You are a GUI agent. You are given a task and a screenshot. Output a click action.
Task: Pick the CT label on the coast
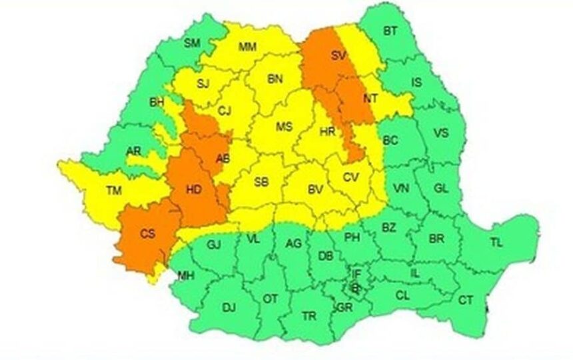click(x=465, y=301)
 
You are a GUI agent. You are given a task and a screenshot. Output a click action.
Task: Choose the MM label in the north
click(x=247, y=47)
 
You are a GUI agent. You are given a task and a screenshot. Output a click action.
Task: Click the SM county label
click(x=192, y=43)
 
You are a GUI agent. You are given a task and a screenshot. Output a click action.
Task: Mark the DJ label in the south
click(x=229, y=307)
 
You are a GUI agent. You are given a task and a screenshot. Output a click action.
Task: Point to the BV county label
click(x=315, y=190)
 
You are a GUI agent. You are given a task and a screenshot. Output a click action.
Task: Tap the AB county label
click(x=223, y=157)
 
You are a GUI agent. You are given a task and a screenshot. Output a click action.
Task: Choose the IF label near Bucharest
click(x=356, y=273)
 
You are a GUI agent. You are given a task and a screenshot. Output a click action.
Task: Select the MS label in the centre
click(x=285, y=127)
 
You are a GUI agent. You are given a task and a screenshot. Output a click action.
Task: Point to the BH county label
click(x=157, y=102)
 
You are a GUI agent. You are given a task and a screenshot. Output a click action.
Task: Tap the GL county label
click(x=440, y=189)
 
